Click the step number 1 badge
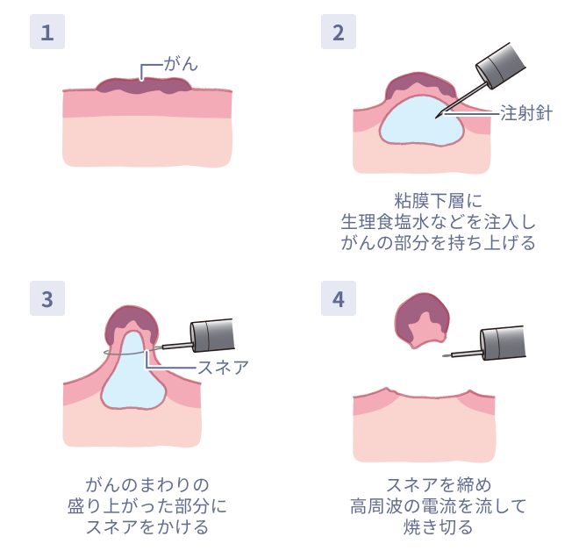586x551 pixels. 47,32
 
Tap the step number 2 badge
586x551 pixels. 339,32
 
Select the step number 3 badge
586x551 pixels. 47,298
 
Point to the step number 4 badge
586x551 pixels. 339,298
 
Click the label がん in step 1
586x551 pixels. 181,64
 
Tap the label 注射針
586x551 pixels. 526,113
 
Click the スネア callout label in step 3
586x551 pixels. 223,368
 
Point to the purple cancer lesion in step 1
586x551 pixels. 144,86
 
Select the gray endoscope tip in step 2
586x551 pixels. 501,66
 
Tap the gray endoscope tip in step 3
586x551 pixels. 212,335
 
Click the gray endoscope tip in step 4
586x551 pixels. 503,342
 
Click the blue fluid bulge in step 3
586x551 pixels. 133,377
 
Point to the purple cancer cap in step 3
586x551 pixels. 132,321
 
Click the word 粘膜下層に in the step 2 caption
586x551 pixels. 438,201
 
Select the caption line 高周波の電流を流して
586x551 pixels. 438,506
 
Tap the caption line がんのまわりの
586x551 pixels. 146,485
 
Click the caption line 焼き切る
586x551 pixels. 438,527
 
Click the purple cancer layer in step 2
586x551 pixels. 420,84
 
